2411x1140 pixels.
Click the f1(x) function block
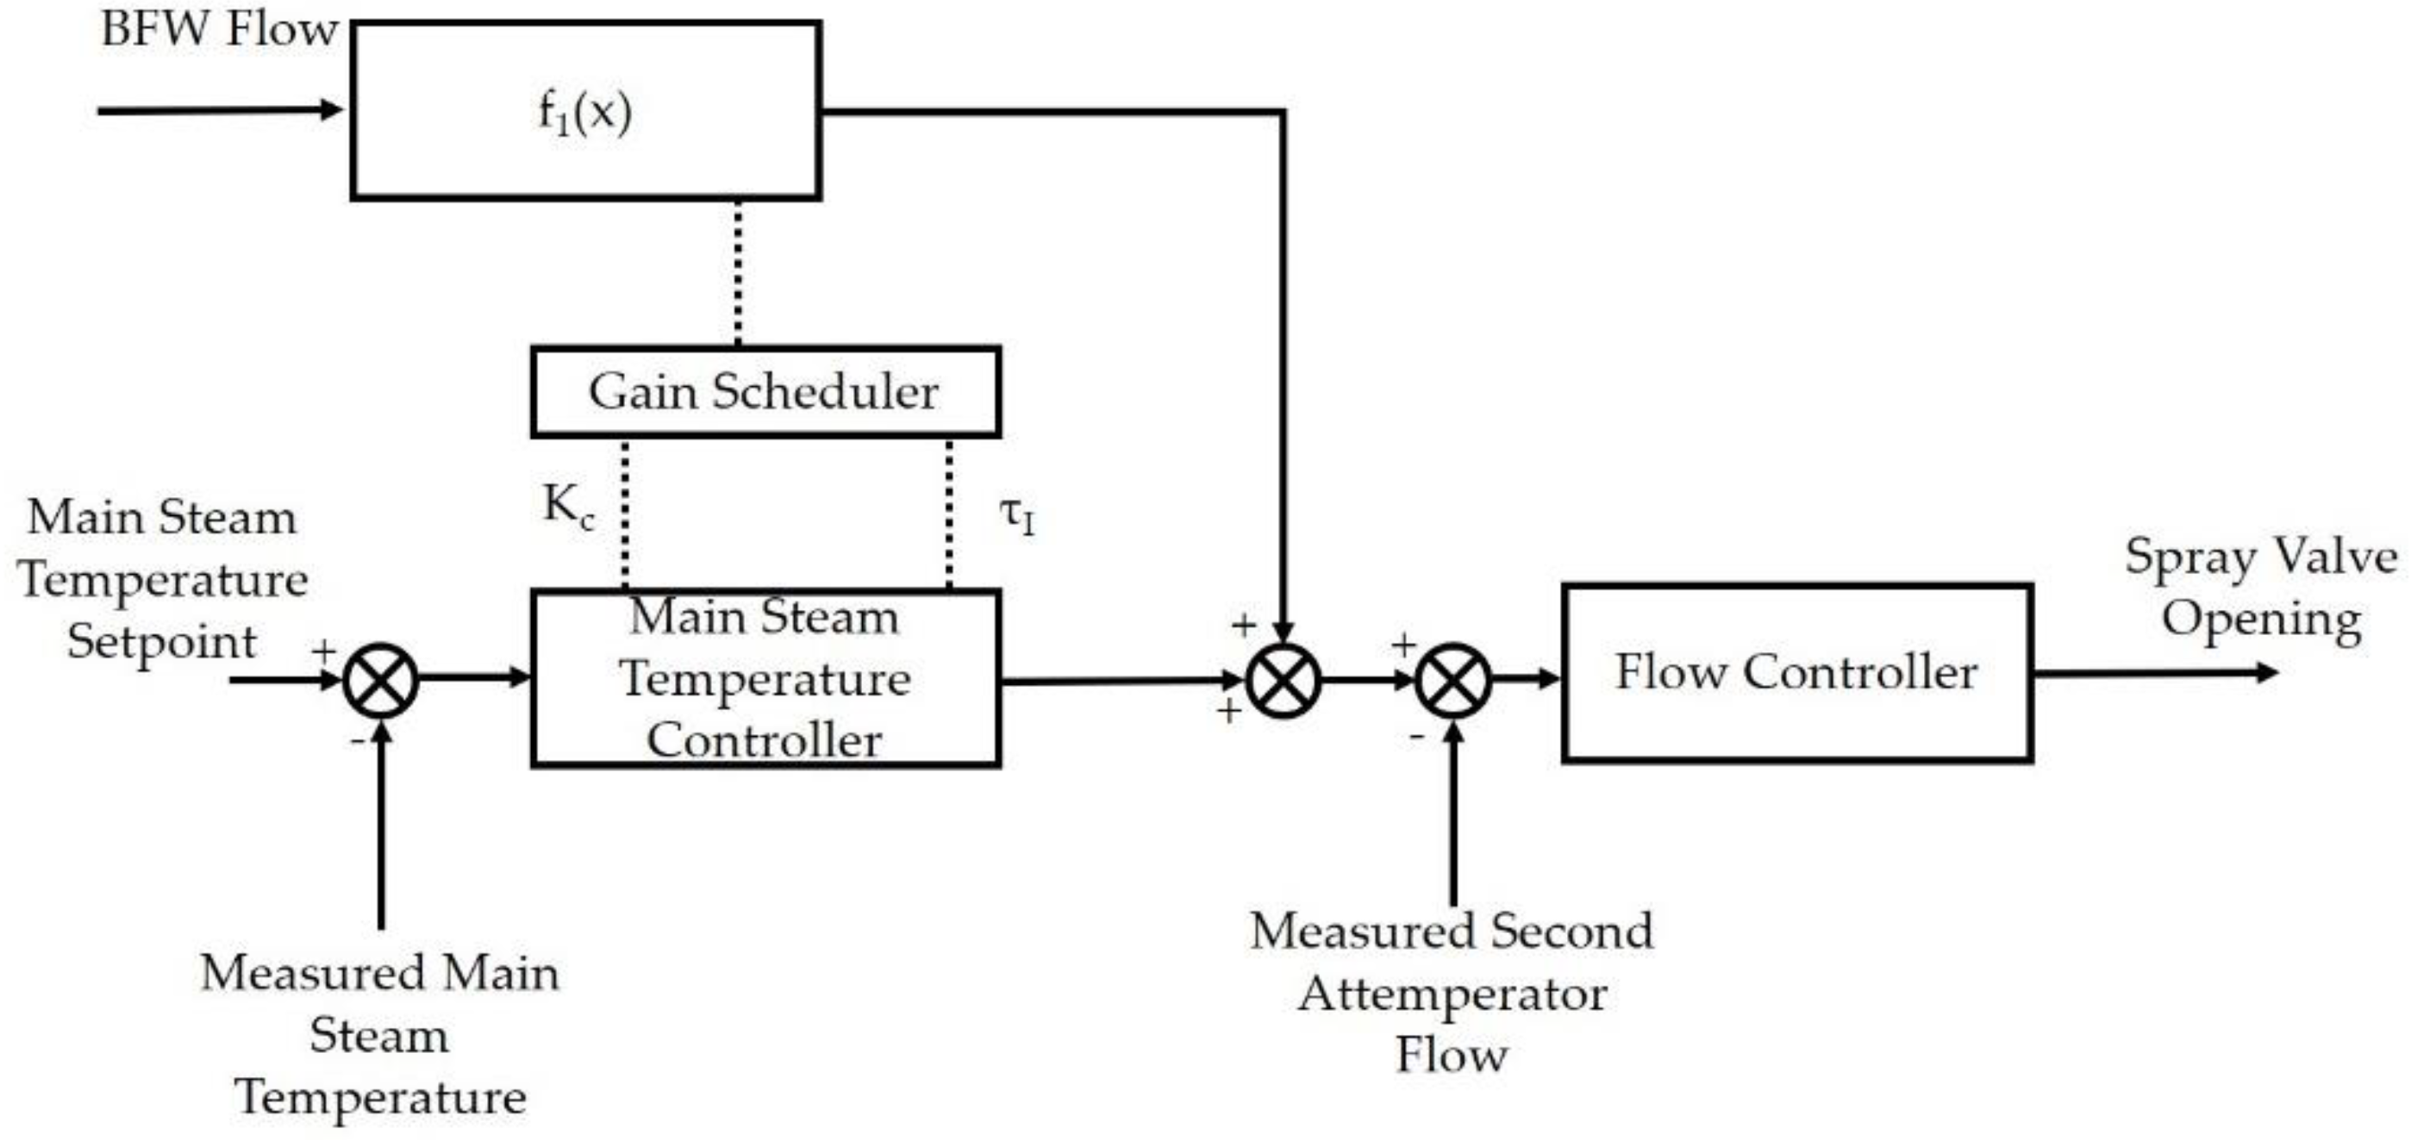586,110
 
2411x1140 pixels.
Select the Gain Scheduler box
765,391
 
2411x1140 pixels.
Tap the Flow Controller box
1796,672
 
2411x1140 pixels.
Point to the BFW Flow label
218,28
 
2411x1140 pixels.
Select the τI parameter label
1017,514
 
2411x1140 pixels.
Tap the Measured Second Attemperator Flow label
1452,992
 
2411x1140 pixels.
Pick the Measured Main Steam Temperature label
379,1034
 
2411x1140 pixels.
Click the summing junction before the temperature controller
380,681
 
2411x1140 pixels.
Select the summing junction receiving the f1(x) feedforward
1284,681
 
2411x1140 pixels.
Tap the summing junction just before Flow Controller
1452,681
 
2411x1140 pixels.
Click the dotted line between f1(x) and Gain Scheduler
739,271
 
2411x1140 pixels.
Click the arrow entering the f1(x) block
220,110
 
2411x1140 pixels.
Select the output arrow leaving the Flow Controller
2152,672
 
